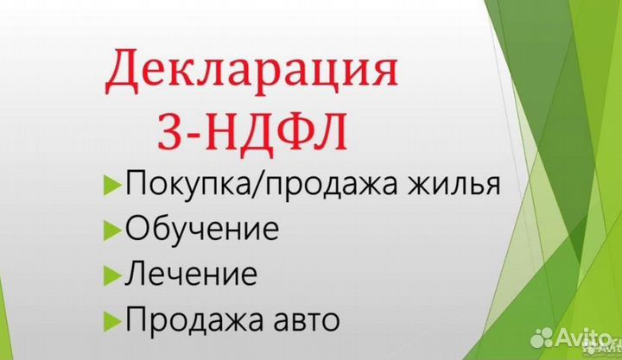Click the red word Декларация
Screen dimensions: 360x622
(x=251, y=73)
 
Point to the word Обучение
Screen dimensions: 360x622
(x=202, y=231)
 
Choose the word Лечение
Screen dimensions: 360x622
(x=191, y=275)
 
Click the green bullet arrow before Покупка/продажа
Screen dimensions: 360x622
(x=111, y=186)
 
